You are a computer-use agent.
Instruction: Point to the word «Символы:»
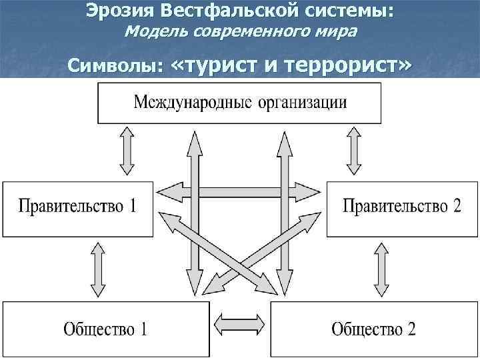tap(116, 67)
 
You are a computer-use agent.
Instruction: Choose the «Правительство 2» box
tap(401, 205)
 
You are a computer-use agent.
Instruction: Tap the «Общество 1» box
tap(105, 329)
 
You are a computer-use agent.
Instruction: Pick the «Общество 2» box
tap(373, 329)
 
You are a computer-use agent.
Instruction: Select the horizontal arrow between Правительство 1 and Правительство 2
tap(240, 192)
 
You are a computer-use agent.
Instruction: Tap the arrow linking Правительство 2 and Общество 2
tap(382, 268)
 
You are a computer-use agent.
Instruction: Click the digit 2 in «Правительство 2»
tap(456, 205)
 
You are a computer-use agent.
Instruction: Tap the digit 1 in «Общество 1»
tap(143, 329)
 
